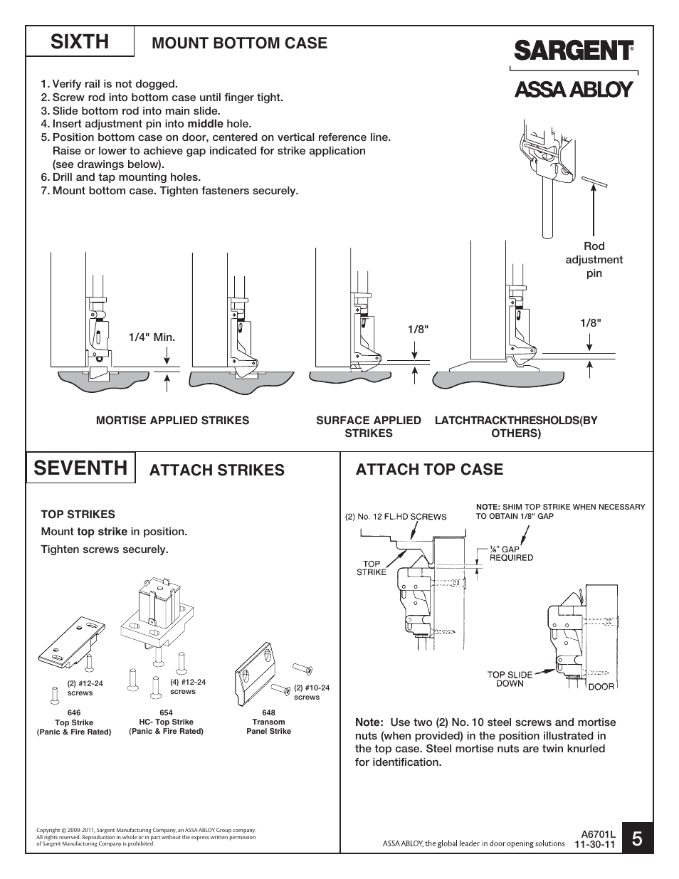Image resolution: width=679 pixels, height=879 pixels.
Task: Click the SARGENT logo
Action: coord(572,51)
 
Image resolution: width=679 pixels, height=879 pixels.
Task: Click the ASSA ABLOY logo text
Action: coord(573,90)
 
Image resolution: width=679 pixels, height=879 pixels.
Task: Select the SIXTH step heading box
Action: coord(80,42)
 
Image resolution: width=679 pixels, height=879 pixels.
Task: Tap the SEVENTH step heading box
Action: coord(80,468)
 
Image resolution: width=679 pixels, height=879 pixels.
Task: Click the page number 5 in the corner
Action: coord(636,838)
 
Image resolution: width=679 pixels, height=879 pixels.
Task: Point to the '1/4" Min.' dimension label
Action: coord(152,337)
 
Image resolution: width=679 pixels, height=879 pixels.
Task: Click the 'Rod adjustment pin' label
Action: coord(594,260)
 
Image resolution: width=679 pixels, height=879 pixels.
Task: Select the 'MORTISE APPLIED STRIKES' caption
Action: coord(172,421)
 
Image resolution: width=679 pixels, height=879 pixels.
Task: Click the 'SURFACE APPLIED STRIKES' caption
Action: coord(368,426)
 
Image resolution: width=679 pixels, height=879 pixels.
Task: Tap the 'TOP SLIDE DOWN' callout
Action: coord(510,679)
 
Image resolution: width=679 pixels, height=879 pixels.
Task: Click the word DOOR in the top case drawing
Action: coord(601,686)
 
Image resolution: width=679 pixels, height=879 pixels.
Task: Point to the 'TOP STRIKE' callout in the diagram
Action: coord(372,567)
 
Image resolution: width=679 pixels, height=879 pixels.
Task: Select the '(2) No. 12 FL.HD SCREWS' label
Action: coord(396,517)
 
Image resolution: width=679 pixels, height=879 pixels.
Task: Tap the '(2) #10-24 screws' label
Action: coord(312,693)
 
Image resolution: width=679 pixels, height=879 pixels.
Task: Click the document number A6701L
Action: coord(597,833)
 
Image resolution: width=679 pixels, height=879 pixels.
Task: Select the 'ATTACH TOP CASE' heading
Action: coord(429,469)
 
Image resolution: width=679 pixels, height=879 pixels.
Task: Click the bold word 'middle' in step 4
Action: coord(205,124)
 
